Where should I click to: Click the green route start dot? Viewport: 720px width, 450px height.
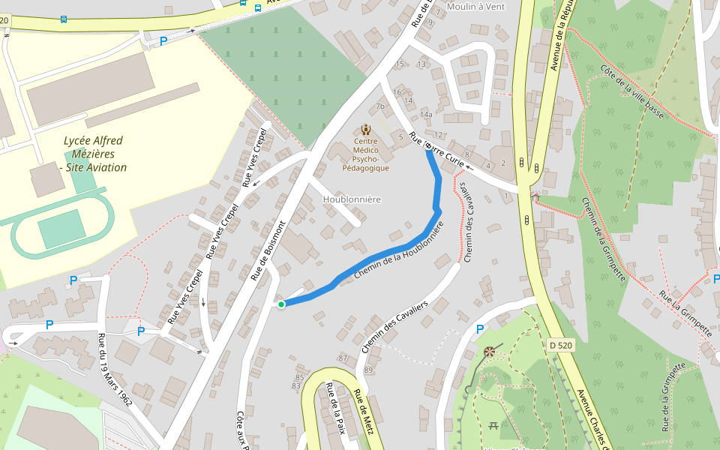pos(281,304)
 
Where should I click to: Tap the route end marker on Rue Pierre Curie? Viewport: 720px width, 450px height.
pos(428,148)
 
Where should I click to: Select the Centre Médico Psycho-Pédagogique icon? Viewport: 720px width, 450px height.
pos(365,129)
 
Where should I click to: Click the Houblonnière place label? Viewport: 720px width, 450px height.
pos(352,199)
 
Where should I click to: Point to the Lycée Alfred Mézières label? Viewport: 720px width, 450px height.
pos(94,154)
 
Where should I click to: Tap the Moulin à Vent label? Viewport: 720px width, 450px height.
pos(475,7)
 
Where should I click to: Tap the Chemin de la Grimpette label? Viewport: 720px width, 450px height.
pos(604,238)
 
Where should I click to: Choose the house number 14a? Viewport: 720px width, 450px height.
pos(426,115)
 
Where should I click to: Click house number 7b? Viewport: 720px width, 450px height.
pos(380,106)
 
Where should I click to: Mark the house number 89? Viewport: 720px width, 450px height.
pos(368,370)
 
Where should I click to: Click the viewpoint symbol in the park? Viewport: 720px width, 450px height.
pos(490,351)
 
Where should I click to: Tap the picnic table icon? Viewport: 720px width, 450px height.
pos(493,425)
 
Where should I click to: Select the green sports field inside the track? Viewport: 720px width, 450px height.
pos(61,229)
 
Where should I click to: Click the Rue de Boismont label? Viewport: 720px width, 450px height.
pos(268,250)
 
